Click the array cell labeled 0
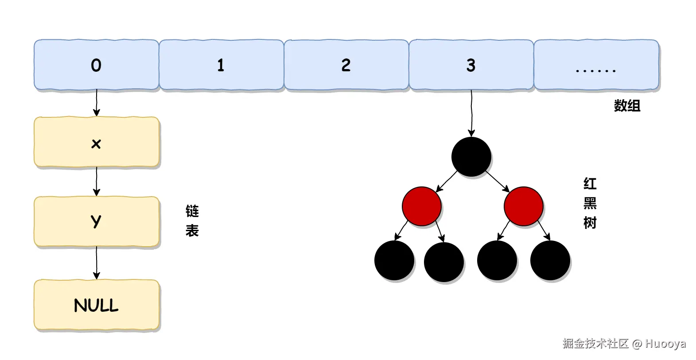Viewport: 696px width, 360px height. click(96, 65)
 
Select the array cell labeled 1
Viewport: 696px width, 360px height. click(221, 65)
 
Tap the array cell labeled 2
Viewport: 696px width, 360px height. click(346, 65)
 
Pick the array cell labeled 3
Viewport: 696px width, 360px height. click(471, 65)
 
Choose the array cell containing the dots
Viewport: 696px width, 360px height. click(596, 65)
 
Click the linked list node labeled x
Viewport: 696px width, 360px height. click(96, 142)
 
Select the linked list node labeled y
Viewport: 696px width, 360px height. click(96, 221)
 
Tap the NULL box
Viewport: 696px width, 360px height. click(96, 305)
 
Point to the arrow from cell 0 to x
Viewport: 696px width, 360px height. click(96, 103)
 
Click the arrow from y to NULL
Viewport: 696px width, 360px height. click(96, 263)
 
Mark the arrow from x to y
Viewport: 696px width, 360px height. click(96, 182)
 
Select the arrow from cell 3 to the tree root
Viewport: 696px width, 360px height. click(471, 113)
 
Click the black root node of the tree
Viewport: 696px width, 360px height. click(471, 157)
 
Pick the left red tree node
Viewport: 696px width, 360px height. click(422, 206)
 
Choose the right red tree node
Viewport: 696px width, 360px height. click(523, 206)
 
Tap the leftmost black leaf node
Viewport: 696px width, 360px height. click(394, 260)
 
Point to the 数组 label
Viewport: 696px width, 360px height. click(627, 106)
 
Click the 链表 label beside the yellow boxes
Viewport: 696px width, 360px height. click(192, 221)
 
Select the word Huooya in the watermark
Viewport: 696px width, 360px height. click(665, 344)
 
